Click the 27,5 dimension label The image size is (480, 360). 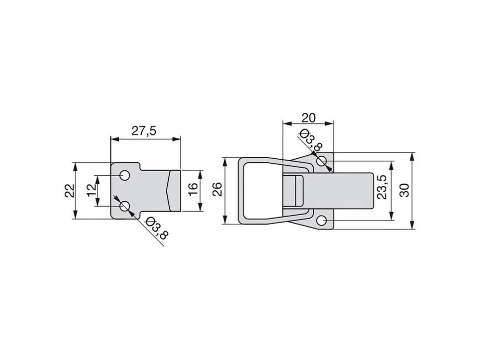coord(144,131)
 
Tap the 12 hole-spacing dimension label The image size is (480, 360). coord(92,190)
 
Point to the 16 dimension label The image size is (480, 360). coord(192,190)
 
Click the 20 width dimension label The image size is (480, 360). coord(308,118)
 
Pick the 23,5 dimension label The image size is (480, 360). coord(383,187)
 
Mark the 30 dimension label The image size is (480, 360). coord(404,190)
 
